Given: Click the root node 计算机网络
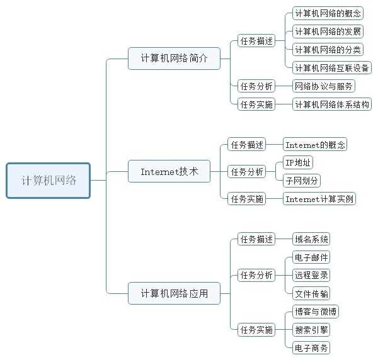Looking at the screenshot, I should point(49,181).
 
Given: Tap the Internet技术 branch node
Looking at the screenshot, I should point(169,171).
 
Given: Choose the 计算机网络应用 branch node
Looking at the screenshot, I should point(173,293).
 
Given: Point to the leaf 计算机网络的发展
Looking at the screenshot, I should point(328,31).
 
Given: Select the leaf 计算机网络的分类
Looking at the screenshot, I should point(328,49).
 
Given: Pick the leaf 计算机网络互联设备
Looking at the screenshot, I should point(332,67).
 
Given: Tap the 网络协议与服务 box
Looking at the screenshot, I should point(324,86).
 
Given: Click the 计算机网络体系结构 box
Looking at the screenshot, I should point(332,104).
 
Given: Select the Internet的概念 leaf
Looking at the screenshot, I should point(315,145).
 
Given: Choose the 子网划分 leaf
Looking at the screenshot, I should point(302,181).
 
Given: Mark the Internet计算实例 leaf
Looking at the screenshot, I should point(319,199).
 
